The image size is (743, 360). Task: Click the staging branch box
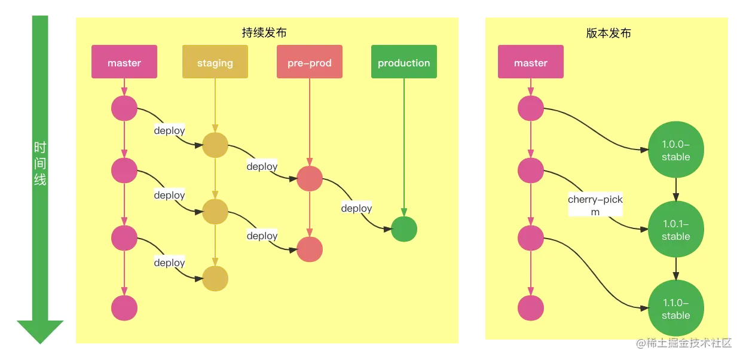215,62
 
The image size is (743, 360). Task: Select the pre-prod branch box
309,62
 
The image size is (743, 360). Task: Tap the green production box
403,62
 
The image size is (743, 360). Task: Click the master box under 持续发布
124,62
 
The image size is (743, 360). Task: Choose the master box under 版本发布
531,62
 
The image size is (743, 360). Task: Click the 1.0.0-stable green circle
676,150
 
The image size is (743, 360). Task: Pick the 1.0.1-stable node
676,230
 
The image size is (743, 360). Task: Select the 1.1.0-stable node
676,309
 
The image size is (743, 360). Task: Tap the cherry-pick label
595,205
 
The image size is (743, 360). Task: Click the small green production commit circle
404,229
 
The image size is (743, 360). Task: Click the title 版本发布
609,33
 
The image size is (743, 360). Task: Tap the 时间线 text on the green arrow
40,163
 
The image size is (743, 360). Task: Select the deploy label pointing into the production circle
356,208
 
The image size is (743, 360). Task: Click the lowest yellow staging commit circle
215,279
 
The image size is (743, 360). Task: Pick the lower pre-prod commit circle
310,249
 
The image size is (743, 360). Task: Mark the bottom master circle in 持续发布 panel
124,308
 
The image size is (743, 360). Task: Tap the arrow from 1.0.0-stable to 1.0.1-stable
676,190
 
